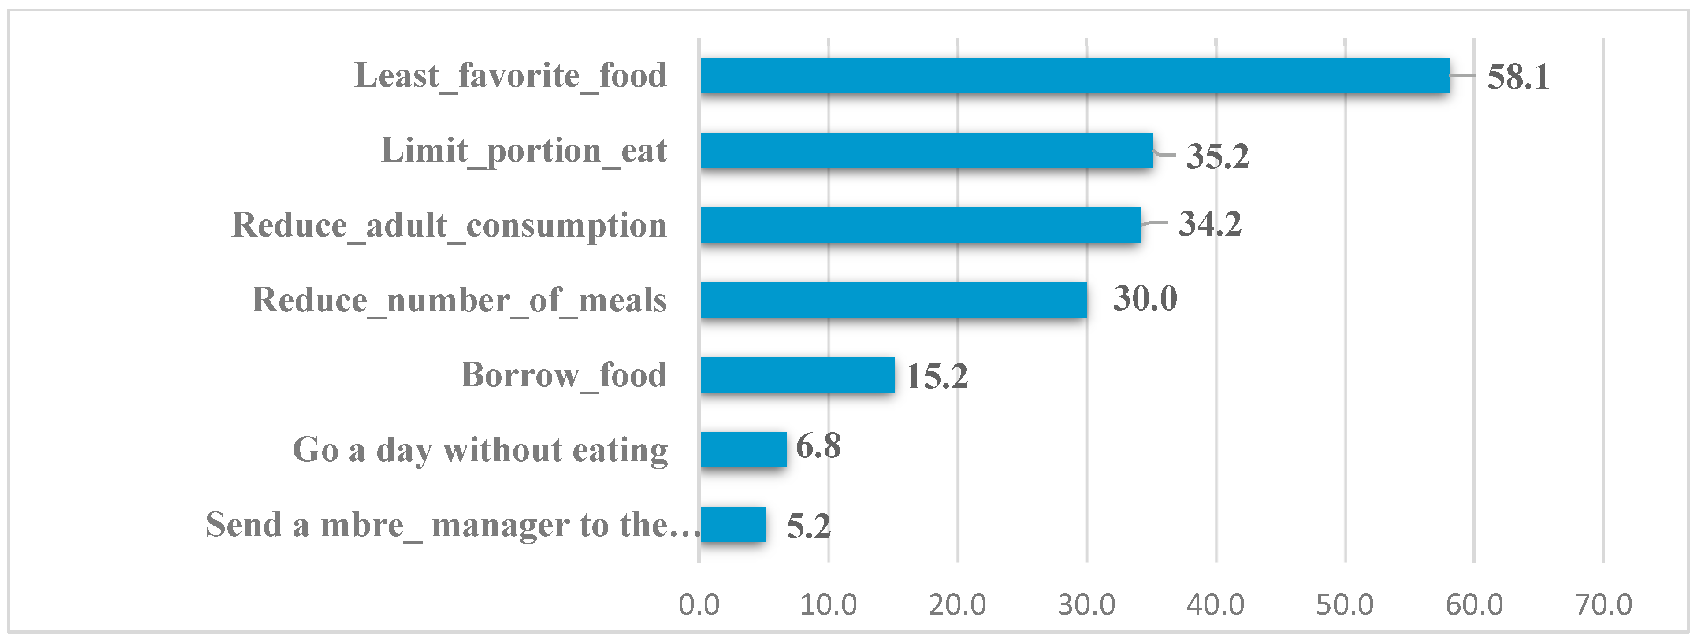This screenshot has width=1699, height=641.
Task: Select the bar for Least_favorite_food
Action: (1074, 75)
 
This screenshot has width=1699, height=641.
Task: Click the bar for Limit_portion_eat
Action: (927, 150)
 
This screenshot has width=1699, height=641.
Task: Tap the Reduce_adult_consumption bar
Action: (921, 225)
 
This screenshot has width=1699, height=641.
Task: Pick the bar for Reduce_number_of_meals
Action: (894, 300)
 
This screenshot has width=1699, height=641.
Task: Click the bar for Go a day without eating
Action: (744, 450)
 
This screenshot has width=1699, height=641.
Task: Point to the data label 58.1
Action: (1517, 77)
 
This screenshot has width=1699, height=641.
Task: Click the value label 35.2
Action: (1217, 156)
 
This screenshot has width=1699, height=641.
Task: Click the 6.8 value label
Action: (818, 446)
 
